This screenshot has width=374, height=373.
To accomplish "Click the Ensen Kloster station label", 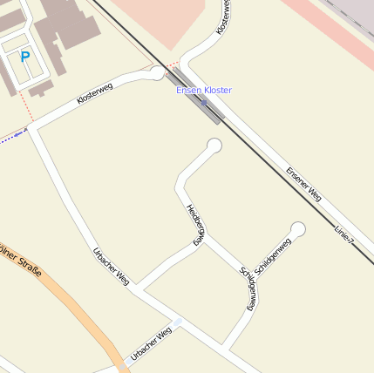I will (x=204, y=91).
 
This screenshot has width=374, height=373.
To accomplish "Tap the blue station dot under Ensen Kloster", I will (x=204, y=102).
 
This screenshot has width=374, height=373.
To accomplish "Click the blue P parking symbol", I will (x=25, y=57).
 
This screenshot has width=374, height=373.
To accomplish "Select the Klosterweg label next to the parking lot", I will (x=94, y=94).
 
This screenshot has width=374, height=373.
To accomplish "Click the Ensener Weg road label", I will (x=303, y=184).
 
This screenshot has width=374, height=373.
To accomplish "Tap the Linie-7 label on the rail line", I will (x=344, y=234).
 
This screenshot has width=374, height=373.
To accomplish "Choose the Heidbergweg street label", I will (x=196, y=224).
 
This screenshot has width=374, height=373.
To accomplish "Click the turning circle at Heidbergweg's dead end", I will (x=214, y=146).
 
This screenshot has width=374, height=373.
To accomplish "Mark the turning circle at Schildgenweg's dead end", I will (x=298, y=229).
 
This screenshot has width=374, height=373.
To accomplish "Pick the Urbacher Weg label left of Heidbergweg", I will (x=111, y=267).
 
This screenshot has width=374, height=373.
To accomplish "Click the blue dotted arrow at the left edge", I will (x=12, y=136).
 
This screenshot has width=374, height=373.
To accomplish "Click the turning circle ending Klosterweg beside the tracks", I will (x=157, y=73).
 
